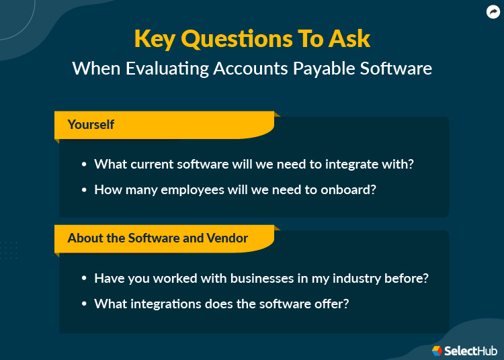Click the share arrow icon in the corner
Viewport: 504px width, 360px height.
pos(493,11)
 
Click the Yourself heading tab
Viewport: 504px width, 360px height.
pos(91,124)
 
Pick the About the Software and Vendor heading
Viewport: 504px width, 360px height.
pos(158,238)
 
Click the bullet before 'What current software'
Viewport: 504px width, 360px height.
pos(84,165)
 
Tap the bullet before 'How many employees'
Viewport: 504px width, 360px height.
pos(84,190)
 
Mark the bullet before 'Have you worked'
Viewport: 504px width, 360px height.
pos(84,278)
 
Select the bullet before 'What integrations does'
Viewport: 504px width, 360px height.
pos(84,304)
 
